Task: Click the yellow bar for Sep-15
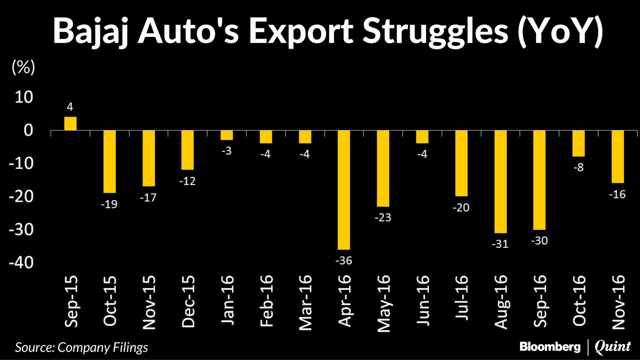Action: coord(70,123)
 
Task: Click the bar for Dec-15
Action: coord(188,150)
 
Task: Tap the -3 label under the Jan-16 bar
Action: coord(227,151)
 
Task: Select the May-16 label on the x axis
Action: coord(384,304)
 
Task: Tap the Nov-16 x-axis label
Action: coord(619,304)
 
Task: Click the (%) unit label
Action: coord(23,68)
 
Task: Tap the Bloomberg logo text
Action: coord(550,346)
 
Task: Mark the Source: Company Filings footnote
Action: coord(81,346)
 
